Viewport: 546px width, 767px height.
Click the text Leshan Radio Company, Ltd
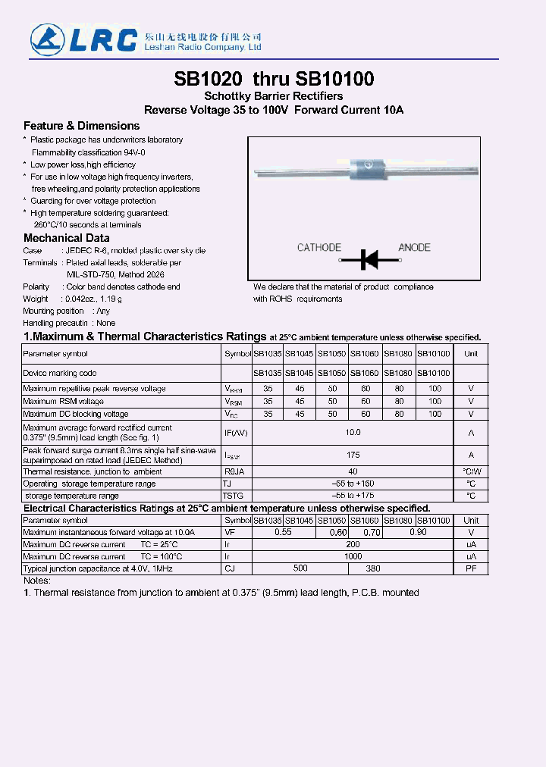192,48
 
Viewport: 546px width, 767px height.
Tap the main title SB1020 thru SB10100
274,79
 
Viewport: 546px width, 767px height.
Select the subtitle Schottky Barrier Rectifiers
274,96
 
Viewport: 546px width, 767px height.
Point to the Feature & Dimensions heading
82,126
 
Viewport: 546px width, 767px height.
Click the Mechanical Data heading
67,238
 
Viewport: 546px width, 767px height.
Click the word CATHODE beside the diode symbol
319,248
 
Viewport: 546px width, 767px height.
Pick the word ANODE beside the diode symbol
414,248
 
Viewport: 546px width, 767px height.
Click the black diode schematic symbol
369,260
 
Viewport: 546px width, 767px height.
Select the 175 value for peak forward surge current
353,456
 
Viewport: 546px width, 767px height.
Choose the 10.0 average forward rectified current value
353,433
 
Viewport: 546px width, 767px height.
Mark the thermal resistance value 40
353,471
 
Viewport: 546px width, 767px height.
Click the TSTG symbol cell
232,496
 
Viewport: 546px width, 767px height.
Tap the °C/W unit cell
471,471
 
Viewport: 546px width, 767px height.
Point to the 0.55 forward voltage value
283,533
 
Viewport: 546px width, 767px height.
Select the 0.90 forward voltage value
418,533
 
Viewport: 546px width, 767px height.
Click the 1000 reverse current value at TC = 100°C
353,556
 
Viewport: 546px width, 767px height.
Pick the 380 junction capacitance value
373,568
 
